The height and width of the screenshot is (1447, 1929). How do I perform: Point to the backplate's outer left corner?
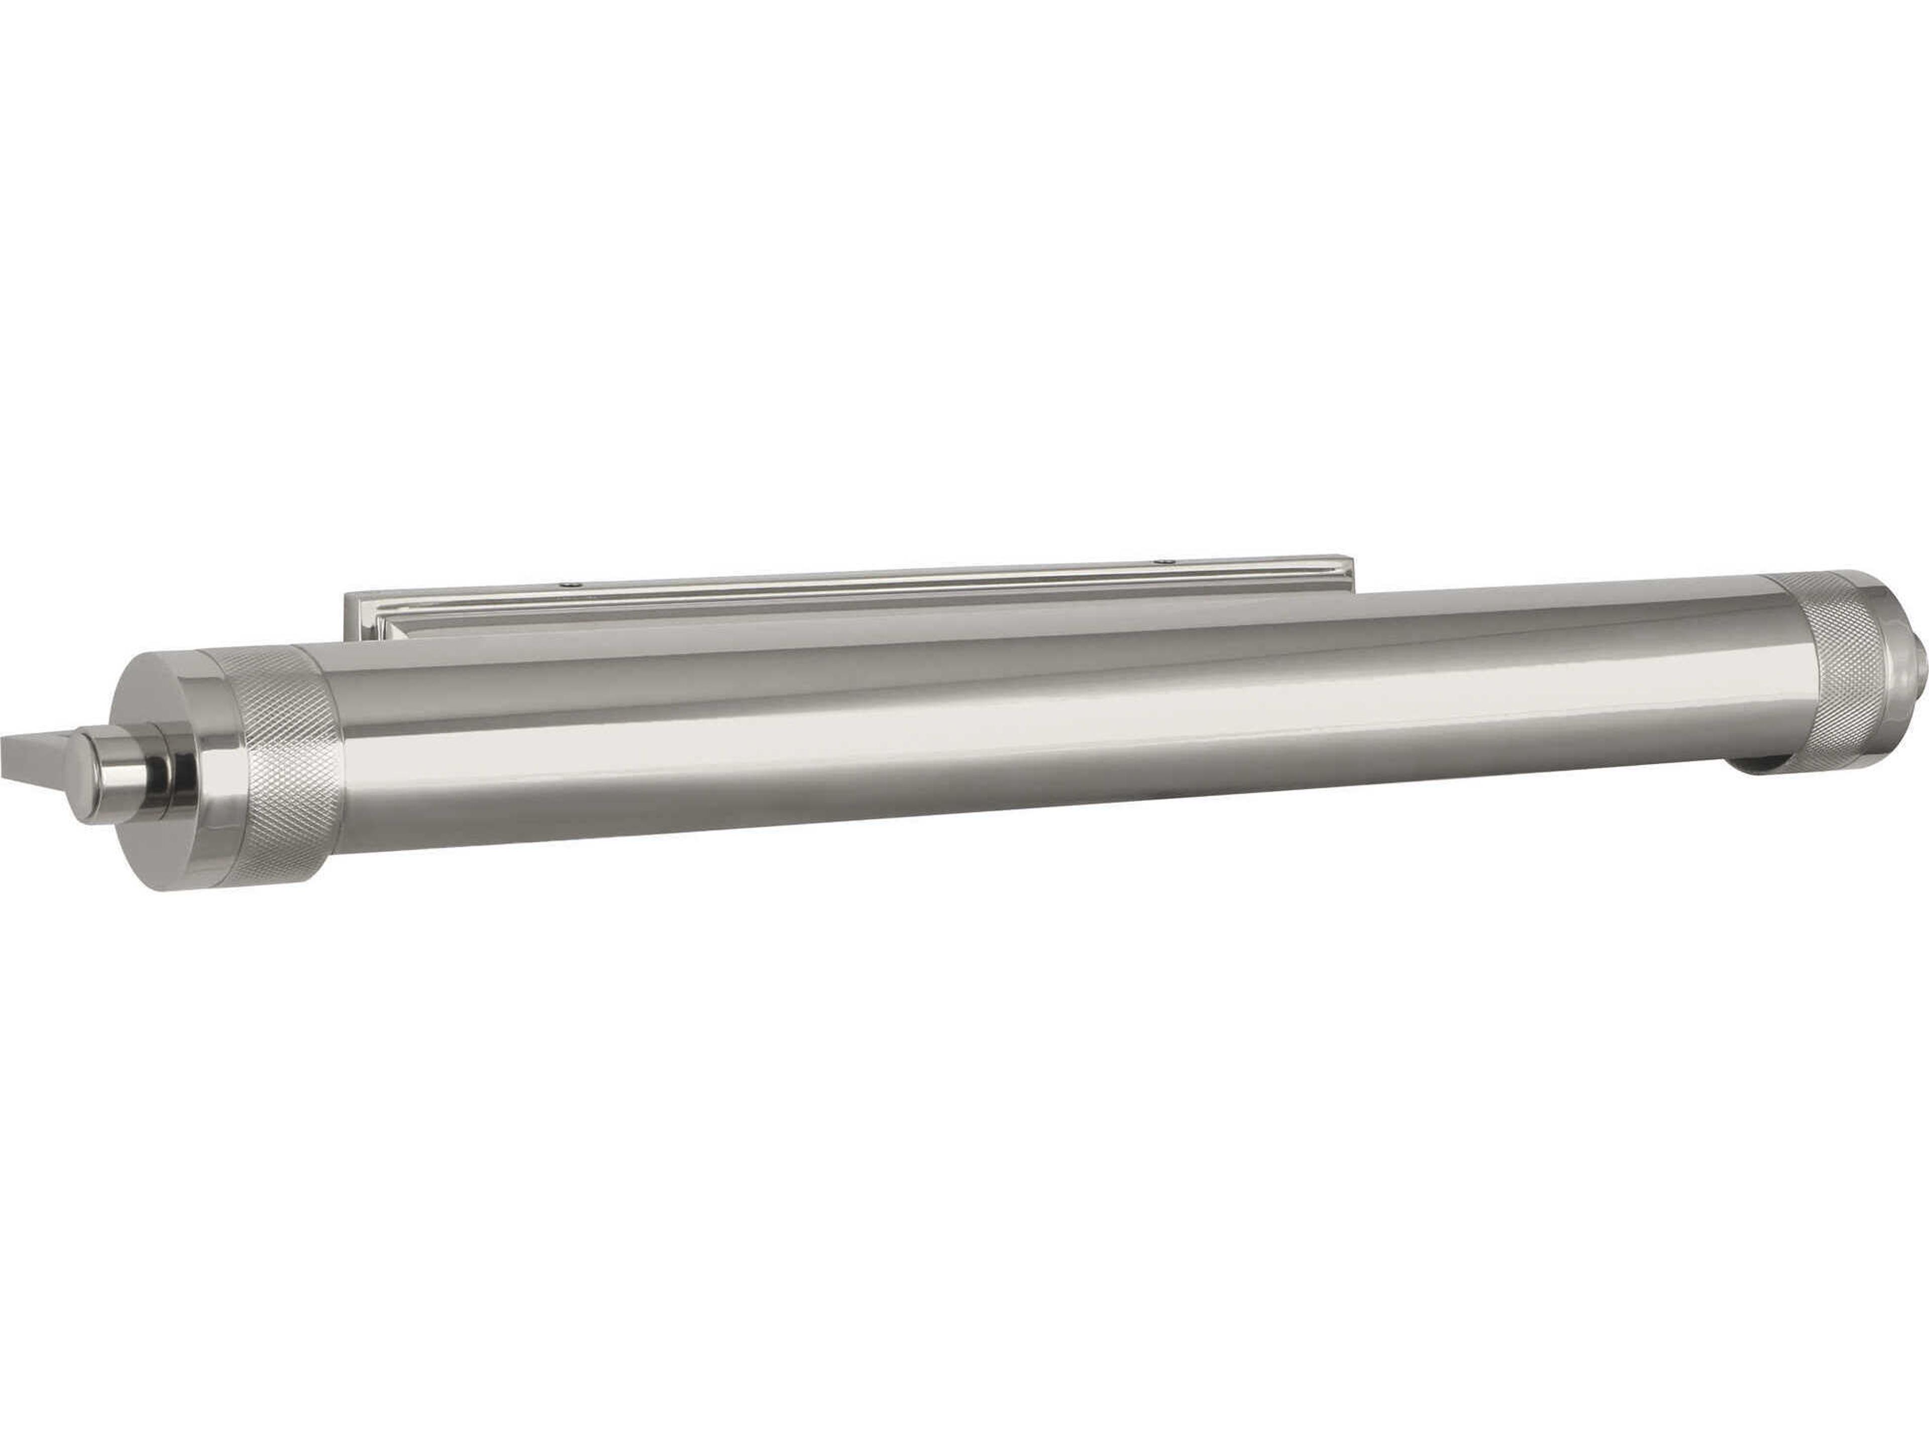click(347, 596)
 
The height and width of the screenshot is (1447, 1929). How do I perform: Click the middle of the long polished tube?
click(1046, 715)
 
